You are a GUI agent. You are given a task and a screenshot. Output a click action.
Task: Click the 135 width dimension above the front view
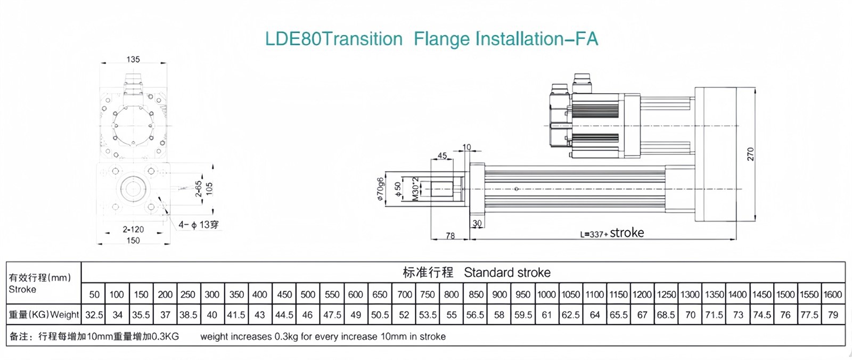tap(133, 59)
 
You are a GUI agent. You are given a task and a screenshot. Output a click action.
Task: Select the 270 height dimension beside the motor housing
tap(750, 154)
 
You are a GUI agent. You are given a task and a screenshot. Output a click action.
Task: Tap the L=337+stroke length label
tap(612, 233)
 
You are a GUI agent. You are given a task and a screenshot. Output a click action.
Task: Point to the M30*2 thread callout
tap(415, 189)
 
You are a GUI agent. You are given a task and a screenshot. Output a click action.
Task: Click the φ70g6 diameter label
tap(380, 189)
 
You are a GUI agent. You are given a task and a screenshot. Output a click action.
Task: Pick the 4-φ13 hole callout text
tap(198, 225)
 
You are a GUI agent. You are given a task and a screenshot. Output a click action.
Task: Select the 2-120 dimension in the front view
tap(133, 230)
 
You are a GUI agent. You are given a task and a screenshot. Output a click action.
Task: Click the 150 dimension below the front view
tap(133, 241)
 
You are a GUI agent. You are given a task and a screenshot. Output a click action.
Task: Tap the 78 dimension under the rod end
tap(450, 235)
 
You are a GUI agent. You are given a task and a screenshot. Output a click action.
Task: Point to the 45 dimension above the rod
tap(442, 156)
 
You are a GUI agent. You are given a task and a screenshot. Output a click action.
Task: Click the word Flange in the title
tap(441, 39)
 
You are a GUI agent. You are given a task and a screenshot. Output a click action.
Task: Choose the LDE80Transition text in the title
tap(334, 39)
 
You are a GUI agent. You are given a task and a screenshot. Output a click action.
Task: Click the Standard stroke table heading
tap(507, 273)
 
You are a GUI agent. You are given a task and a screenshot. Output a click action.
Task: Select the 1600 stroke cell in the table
tap(832, 294)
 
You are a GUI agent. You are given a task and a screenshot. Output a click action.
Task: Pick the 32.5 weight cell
tap(94, 315)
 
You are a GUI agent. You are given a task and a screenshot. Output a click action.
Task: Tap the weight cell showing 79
tap(833, 315)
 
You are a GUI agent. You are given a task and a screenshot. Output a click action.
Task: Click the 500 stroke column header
tap(308, 294)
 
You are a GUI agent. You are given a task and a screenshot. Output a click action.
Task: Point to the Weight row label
tap(64, 315)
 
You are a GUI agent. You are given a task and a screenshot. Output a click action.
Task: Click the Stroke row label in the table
tap(22, 290)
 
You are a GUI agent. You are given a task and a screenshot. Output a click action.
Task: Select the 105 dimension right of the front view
tap(209, 189)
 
